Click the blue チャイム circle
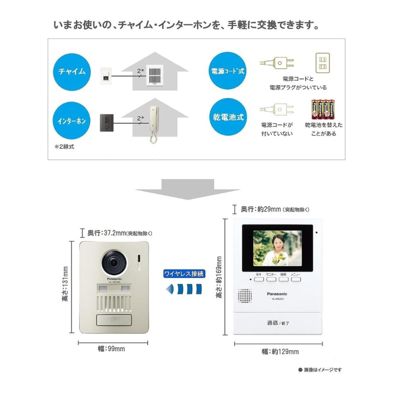click(x=72, y=71)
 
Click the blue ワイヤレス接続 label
click(x=184, y=274)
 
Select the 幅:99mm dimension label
click(x=111, y=348)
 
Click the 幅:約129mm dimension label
click(x=278, y=352)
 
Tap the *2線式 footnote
click(x=64, y=147)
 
